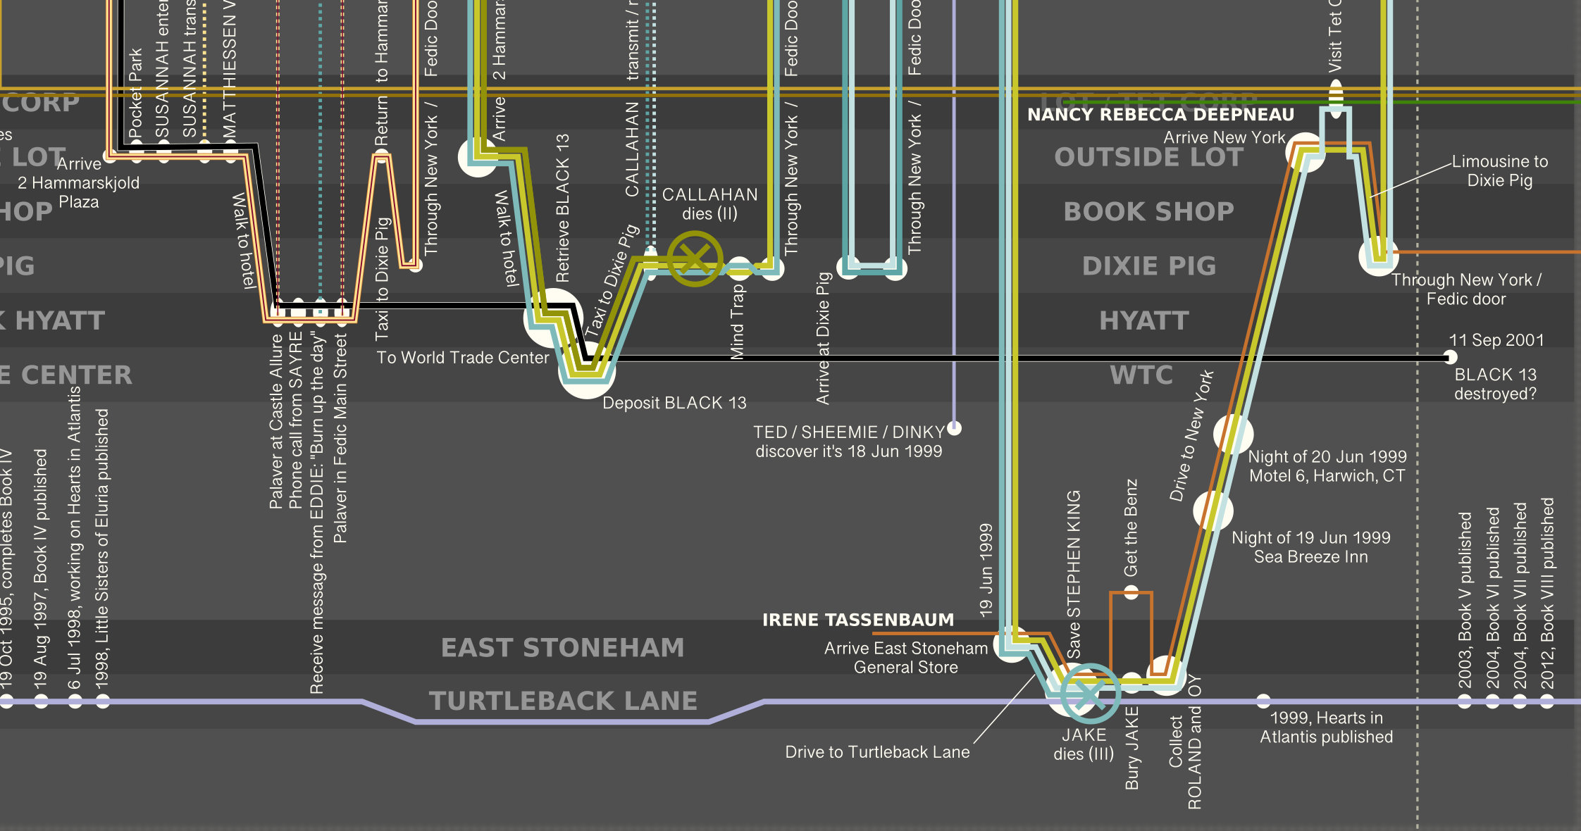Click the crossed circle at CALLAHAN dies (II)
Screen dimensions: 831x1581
695,259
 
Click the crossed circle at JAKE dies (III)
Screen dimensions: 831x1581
1089,694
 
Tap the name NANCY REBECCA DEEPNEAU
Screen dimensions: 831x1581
1160,115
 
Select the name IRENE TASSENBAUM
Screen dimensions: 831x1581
857,620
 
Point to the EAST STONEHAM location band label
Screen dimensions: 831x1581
562,648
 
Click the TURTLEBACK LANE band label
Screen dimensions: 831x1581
563,701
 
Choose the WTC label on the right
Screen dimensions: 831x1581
1141,375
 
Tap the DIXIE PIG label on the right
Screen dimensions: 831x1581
1148,266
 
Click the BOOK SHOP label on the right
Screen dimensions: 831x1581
1148,212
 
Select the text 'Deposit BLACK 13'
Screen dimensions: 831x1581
674,403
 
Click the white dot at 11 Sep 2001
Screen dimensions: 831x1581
1450,357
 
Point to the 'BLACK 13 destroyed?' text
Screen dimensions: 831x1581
1495,384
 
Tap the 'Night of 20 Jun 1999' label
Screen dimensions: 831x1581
1327,457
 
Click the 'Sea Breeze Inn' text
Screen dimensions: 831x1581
1310,557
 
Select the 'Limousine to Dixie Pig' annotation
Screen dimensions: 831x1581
1499,171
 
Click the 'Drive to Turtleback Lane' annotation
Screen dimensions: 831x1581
877,752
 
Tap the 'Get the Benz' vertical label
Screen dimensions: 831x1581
1131,527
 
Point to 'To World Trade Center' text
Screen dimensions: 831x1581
462,358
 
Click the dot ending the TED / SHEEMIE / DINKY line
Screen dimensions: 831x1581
955,427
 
